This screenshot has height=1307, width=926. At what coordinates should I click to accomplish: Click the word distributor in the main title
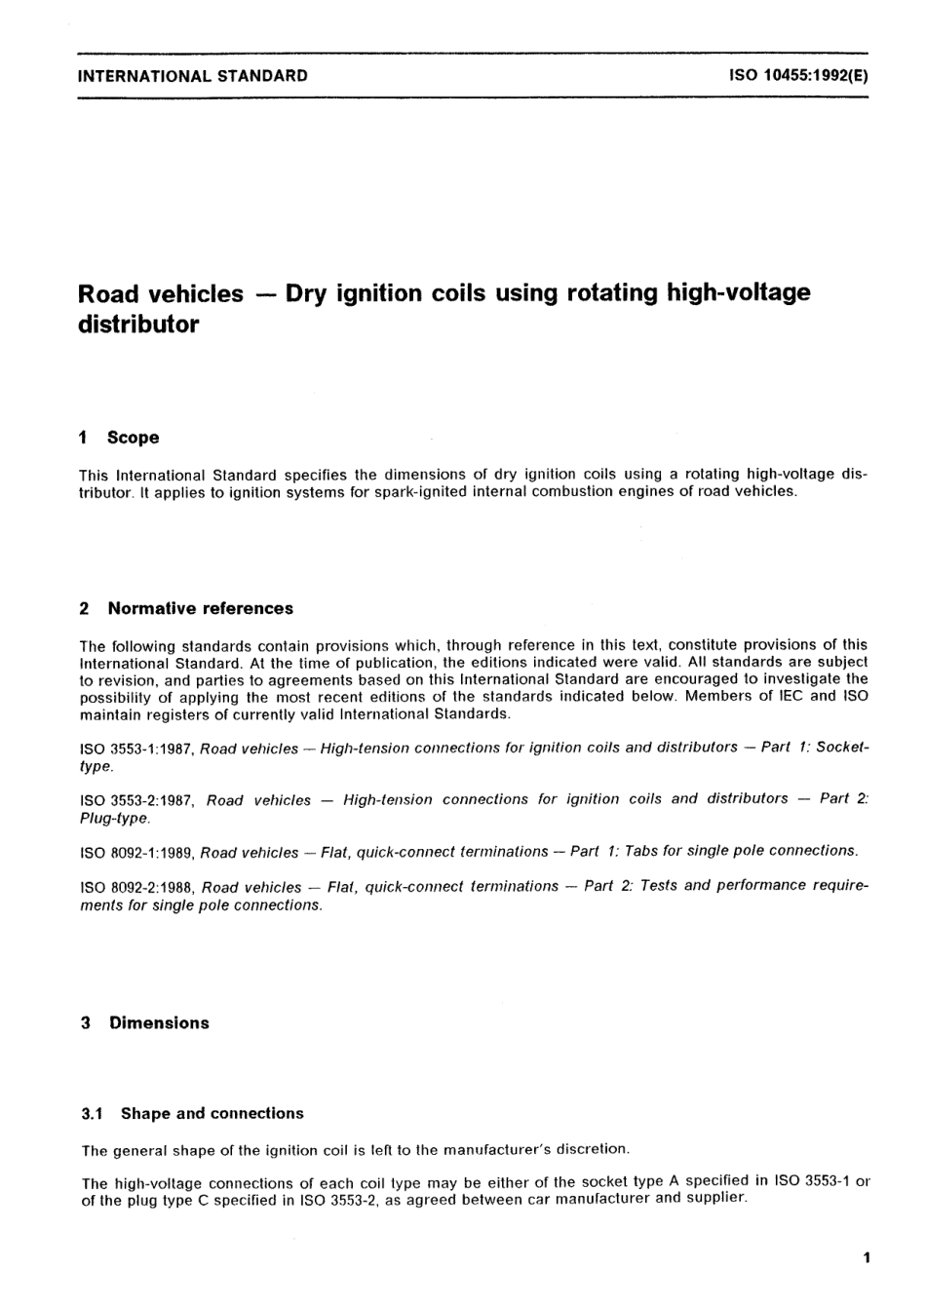137,325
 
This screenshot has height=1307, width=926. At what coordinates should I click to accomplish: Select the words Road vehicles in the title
160,293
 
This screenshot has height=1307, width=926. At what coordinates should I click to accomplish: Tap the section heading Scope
133,438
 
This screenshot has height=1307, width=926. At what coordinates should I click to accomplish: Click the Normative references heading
200,608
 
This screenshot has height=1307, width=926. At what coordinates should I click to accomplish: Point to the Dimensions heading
159,1022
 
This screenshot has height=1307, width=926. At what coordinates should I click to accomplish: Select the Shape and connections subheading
212,1113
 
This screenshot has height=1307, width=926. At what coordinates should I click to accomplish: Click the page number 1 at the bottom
866,1257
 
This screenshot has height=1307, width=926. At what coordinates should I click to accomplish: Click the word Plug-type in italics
114,819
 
